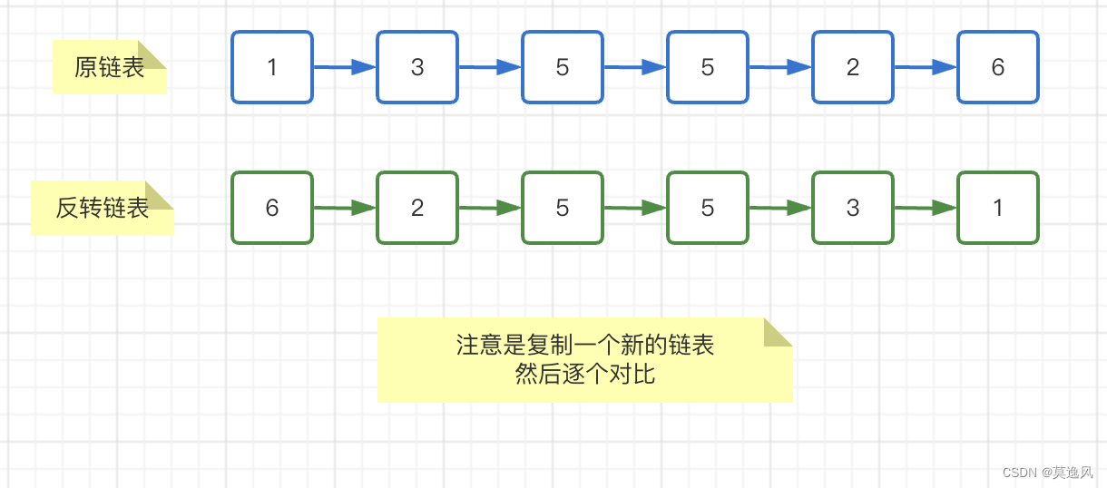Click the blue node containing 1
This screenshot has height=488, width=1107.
[272, 67]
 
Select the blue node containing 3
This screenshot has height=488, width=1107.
[417, 67]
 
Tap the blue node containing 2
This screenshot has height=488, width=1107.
[853, 67]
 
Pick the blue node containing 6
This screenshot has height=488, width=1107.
[998, 67]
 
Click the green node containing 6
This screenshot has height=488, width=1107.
[272, 208]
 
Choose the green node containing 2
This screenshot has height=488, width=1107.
[417, 208]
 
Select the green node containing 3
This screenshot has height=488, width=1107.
[853, 208]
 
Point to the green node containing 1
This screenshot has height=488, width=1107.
[998, 208]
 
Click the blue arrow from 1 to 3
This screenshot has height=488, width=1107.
[345, 67]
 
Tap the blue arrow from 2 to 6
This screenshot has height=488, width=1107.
[926, 67]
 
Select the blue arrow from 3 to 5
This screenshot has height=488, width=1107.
[490, 67]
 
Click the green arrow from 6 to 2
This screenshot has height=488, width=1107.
[345, 208]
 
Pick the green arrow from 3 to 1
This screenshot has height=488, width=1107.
[926, 208]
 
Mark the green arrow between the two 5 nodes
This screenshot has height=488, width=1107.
[635, 208]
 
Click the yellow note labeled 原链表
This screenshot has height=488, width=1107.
[109, 68]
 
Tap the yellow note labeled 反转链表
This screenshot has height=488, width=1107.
[102, 209]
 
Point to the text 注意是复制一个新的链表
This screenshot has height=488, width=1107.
[584, 346]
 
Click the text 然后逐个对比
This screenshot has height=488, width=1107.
[584, 374]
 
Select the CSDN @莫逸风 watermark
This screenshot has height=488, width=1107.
[1047, 473]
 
